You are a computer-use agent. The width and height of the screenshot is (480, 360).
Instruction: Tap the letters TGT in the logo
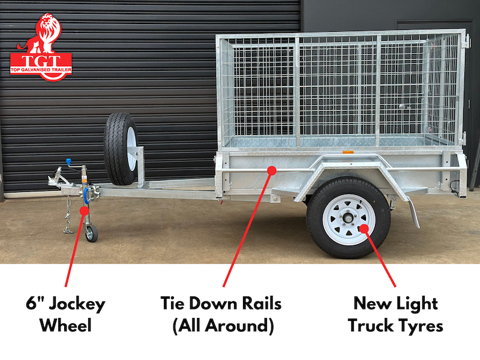click(41, 61)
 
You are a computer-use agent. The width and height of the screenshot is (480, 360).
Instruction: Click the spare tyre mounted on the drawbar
click(121, 149)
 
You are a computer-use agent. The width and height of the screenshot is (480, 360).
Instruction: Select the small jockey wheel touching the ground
click(91, 233)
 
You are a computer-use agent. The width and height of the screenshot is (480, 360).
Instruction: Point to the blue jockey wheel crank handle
click(68, 161)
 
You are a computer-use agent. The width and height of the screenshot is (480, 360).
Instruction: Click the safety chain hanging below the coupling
click(68, 215)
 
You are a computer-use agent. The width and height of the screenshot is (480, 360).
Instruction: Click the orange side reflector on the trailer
click(348, 152)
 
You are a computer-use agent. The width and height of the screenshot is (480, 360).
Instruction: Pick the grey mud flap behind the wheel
click(413, 211)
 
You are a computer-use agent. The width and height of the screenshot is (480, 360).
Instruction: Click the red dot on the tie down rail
click(272, 170)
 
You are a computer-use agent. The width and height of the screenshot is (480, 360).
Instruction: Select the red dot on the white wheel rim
click(364, 229)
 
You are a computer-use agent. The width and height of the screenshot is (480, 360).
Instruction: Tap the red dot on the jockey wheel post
click(84, 211)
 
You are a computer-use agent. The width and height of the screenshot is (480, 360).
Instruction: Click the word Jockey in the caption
click(77, 304)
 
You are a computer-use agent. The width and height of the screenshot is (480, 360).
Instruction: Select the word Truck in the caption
click(371, 325)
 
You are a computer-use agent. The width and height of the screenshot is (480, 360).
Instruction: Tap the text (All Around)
click(223, 326)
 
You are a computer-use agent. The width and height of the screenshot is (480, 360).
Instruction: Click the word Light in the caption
click(417, 304)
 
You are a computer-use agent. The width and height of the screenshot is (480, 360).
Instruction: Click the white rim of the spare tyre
click(132, 149)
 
